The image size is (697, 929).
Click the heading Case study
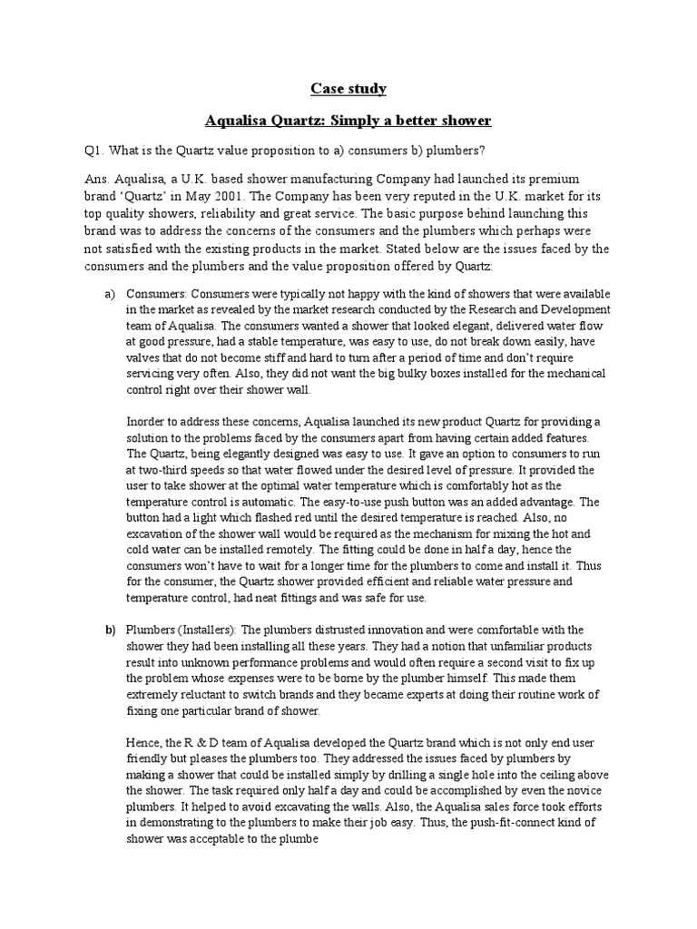tap(348, 88)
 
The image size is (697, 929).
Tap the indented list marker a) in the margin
tap(110, 295)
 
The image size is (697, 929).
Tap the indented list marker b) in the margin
tap(110, 630)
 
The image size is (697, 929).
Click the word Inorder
tap(147, 422)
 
